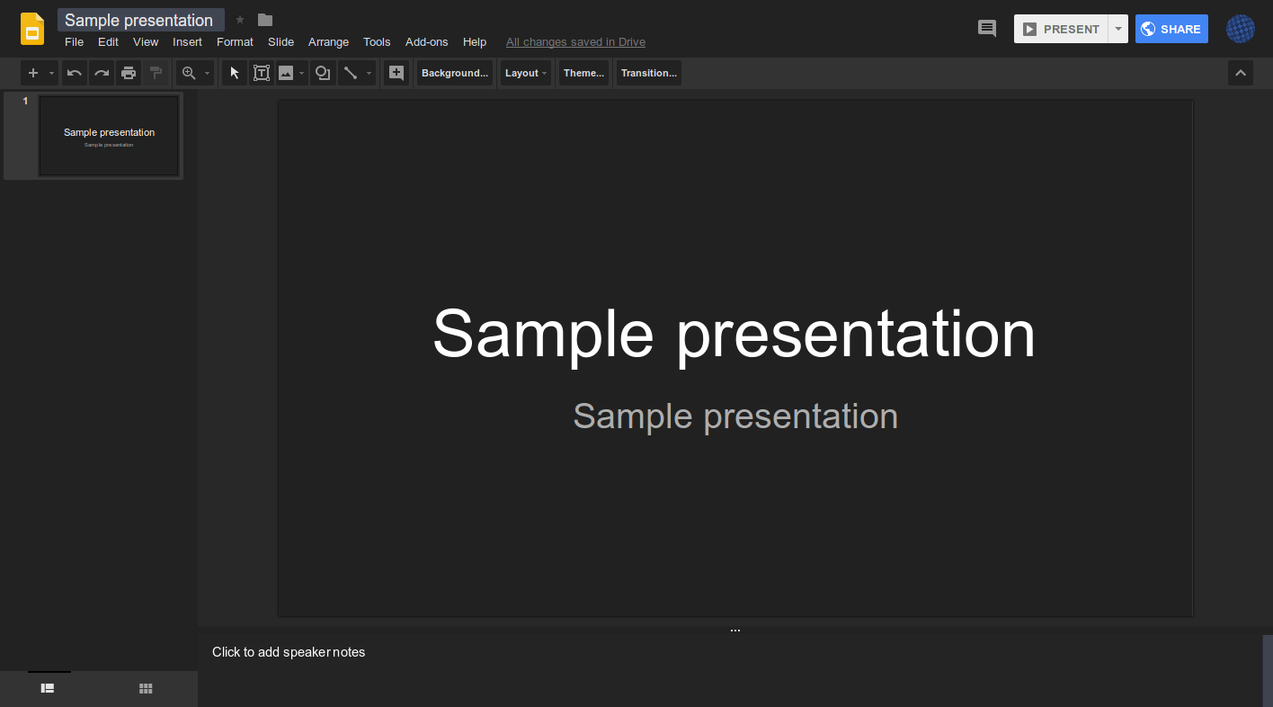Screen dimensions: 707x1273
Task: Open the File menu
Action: pyautogui.click(x=74, y=42)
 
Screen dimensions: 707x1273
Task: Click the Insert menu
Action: pyautogui.click(x=187, y=42)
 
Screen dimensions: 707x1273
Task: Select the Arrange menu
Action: pyautogui.click(x=328, y=42)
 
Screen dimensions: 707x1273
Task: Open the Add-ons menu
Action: pyautogui.click(x=426, y=42)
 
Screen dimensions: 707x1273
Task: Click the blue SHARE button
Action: pyautogui.click(x=1171, y=29)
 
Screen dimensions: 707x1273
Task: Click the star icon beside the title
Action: pyautogui.click(x=240, y=20)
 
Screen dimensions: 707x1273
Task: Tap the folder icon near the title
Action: pyautogui.click(x=265, y=20)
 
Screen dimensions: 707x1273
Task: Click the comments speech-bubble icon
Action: pyautogui.click(x=987, y=29)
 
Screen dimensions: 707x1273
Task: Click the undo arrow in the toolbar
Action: pyautogui.click(x=75, y=73)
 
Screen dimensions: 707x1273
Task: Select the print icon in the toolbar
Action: pyautogui.click(x=129, y=73)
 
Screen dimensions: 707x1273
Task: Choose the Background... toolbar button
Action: pyautogui.click(x=455, y=73)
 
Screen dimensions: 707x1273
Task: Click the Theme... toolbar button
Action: pyautogui.click(x=583, y=73)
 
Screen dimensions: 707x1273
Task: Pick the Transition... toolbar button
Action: pyautogui.click(x=648, y=73)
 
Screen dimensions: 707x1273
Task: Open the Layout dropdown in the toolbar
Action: pyautogui.click(x=526, y=73)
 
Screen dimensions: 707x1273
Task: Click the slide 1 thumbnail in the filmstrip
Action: pyautogui.click(x=109, y=136)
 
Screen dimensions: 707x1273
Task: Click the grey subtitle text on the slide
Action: pyautogui.click(x=735, y=416)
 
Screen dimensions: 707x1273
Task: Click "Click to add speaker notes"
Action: pyautogui.click(x=289, y=652)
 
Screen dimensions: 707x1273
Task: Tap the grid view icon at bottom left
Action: pyautogui.click(x=146, y=689)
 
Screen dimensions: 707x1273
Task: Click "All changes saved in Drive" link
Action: pyautogui.click(x=575, y=42)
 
